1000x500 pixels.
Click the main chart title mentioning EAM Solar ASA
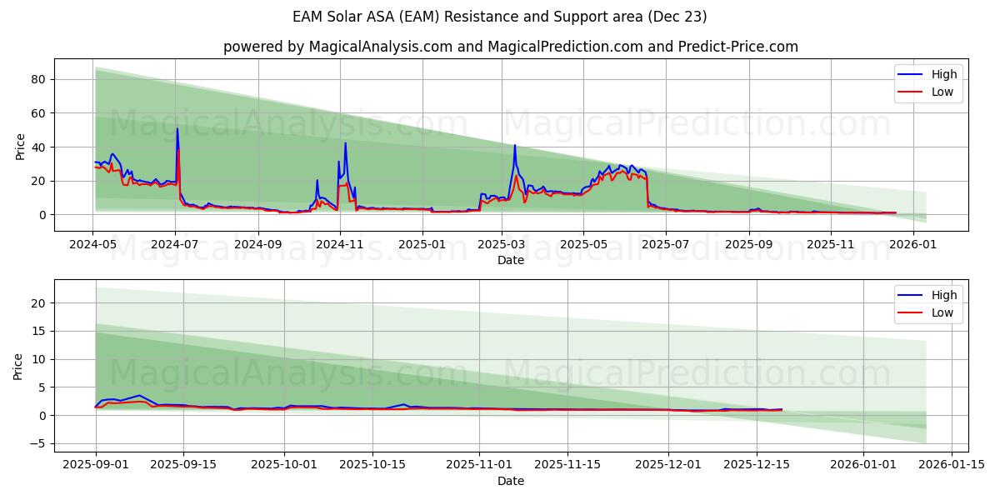point(500,17)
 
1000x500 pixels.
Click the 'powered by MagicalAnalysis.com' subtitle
point(510,47)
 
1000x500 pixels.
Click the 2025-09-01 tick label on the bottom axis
point(96,464)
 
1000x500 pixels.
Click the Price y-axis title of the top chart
point(21,147)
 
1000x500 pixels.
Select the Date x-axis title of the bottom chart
point(510,481)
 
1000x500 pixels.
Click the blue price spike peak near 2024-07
point(177,128)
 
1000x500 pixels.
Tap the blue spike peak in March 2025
point(515,145)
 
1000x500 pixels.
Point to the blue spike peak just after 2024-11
point(345,142)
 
